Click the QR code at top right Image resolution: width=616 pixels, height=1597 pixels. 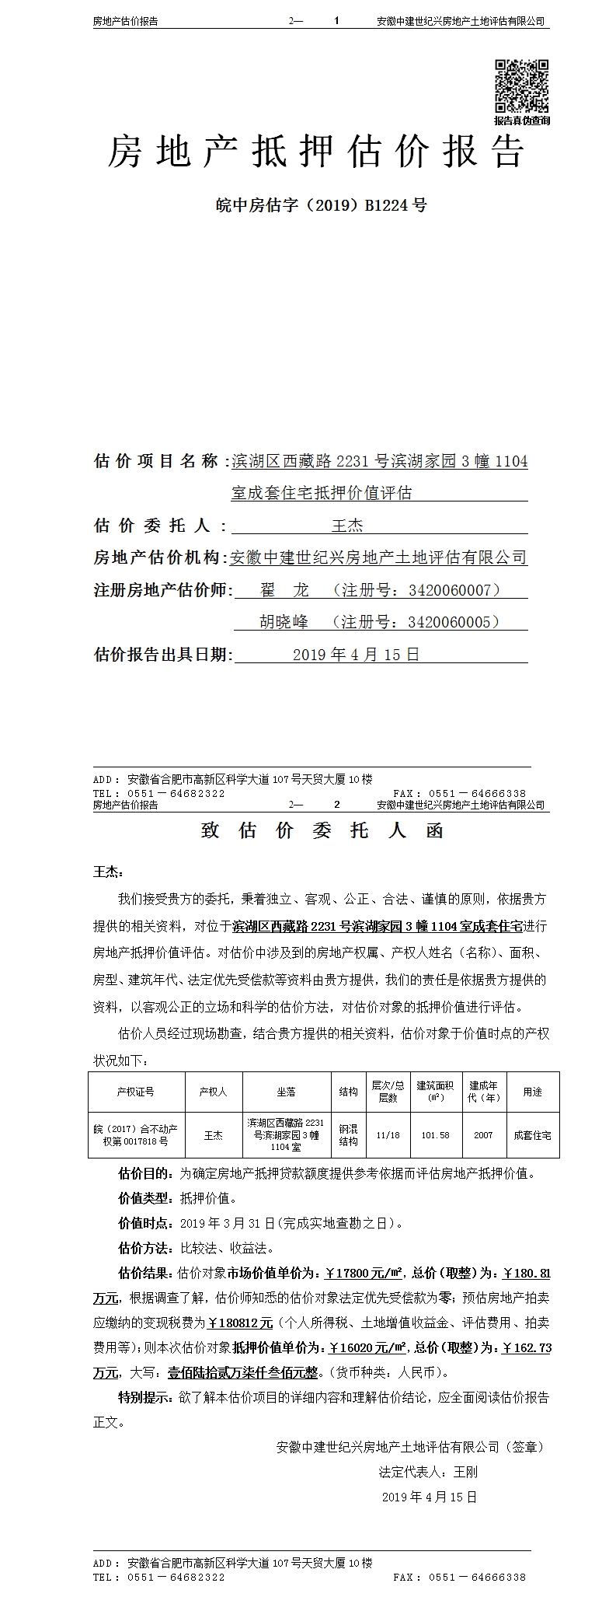(522, 86)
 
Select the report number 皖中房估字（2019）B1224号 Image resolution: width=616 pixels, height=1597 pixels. (321, 206)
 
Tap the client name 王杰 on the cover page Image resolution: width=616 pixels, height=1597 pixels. (347, 526)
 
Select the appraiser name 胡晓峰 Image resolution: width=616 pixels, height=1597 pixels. (284, 623)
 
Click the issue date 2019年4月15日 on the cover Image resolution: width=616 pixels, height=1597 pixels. (356, 655)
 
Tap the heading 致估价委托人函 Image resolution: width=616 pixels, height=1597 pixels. (322, 831)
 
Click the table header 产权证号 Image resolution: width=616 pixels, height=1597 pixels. (136, 1092)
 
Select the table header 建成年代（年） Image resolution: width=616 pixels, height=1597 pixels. (483, 1092)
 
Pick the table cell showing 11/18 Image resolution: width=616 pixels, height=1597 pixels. (388, 1135)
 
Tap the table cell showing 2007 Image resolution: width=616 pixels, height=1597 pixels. (483, 1135)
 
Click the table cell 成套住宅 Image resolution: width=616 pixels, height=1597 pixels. (532, 1135)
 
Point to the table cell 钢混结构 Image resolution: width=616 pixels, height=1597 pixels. (348, 1135)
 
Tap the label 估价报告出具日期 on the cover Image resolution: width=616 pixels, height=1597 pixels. (162, 655)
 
